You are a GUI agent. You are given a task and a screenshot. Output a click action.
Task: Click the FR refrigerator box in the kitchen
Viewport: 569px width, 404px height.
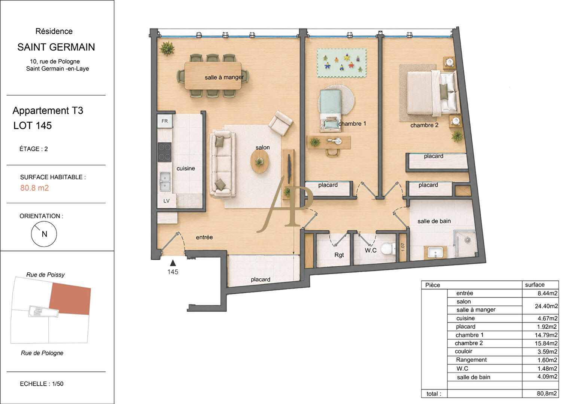pos(165,121)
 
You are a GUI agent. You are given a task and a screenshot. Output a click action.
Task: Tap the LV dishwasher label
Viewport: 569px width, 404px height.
pos(166,201)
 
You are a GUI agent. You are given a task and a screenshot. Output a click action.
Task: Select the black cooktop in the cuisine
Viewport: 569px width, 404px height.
pos(165,152)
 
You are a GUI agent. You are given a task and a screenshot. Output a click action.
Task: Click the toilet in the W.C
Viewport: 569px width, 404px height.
pos(389,249)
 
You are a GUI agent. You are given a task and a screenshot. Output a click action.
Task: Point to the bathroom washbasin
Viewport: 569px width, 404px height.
pos(435,252)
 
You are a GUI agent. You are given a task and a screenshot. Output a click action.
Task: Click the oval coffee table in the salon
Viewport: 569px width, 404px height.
pos(260,162)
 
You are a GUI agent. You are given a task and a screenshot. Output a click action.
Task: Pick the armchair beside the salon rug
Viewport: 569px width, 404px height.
pos(280,123)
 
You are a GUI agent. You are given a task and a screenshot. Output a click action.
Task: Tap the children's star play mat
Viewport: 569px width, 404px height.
pos(342,63)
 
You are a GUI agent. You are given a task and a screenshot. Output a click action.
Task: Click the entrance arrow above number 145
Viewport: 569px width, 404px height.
pos(173,263)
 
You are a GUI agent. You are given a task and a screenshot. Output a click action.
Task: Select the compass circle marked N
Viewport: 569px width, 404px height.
pos(44,234)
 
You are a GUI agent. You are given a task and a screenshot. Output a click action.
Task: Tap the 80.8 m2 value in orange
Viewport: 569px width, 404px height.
pos(34,188)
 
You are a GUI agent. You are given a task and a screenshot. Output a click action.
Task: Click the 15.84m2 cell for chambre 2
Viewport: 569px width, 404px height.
pos(546,343)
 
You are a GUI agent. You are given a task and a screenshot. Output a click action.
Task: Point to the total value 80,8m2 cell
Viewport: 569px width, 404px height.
pos(547,394)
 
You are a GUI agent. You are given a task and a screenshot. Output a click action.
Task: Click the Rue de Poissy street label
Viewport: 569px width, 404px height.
pos(45,275)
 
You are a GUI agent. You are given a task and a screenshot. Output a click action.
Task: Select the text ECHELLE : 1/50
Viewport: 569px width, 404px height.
pos(42,384)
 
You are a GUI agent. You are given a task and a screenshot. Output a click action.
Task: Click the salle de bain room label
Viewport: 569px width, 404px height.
pos(434,221)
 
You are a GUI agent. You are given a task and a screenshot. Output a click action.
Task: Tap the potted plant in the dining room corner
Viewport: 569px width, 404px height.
pos(167,48)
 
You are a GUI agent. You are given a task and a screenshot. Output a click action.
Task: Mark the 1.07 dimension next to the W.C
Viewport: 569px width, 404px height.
pos(403,247)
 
